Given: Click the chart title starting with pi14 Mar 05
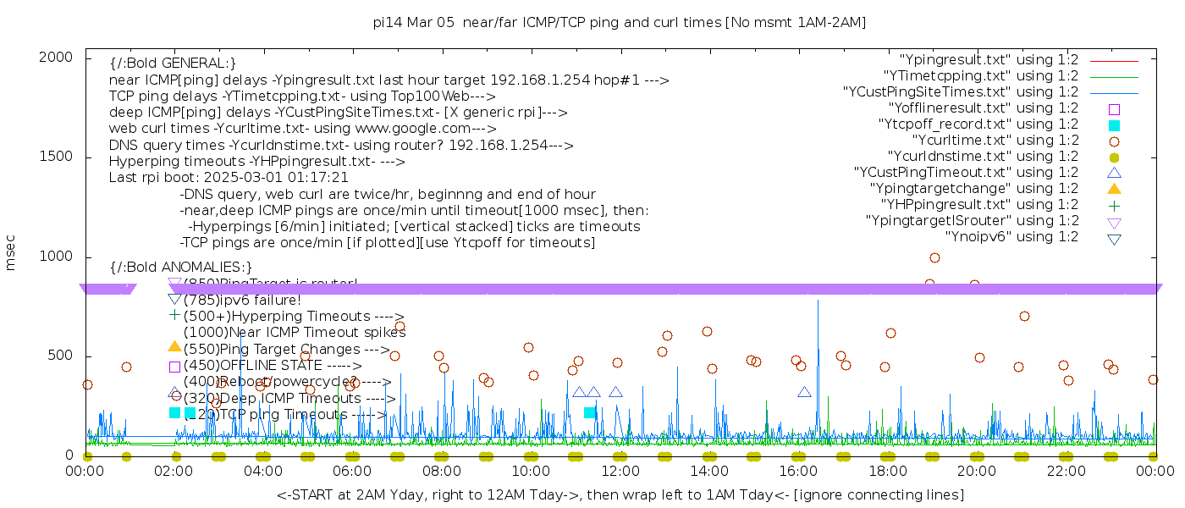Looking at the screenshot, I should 620,22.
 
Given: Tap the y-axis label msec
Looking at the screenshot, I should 11,256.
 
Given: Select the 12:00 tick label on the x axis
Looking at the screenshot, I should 620,471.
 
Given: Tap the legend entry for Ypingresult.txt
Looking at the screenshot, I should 989,59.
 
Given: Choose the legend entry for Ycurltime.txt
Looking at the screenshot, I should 995,140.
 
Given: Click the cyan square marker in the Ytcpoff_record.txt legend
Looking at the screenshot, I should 1114,124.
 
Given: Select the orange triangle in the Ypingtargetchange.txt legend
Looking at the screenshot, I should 1114,188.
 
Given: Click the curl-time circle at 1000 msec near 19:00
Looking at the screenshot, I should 934,257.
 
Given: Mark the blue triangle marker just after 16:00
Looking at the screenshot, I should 804,391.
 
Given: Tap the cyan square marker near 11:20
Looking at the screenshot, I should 589,412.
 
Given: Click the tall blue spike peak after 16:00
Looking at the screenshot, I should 818,300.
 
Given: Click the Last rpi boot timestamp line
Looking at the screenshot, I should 229,178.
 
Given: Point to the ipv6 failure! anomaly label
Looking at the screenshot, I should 242,300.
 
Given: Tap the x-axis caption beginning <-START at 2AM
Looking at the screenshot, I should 620,494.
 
